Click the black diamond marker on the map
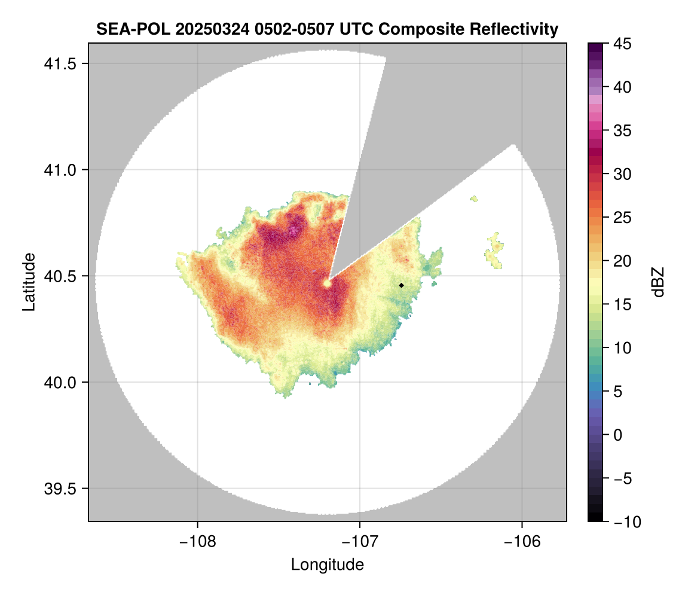tap(402, 285)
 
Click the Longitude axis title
tap(327, 564)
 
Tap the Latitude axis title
tap(28, 282)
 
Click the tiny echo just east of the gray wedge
tap(475, 199)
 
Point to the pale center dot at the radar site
tap(327, 283)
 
